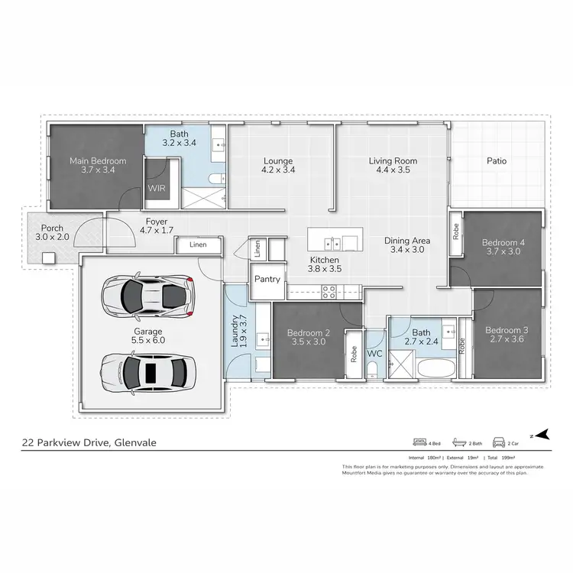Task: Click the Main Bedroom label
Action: [x=98, y=161]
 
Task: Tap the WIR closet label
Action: [x=156, y=187]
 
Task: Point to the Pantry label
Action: [x=266, y=280]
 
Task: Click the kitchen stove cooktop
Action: [x=330, y=291]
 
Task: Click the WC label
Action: [x=374, y=354]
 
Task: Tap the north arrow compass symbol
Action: [x=541, y=435]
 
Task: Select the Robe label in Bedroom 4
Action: [x=456, y=231]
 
